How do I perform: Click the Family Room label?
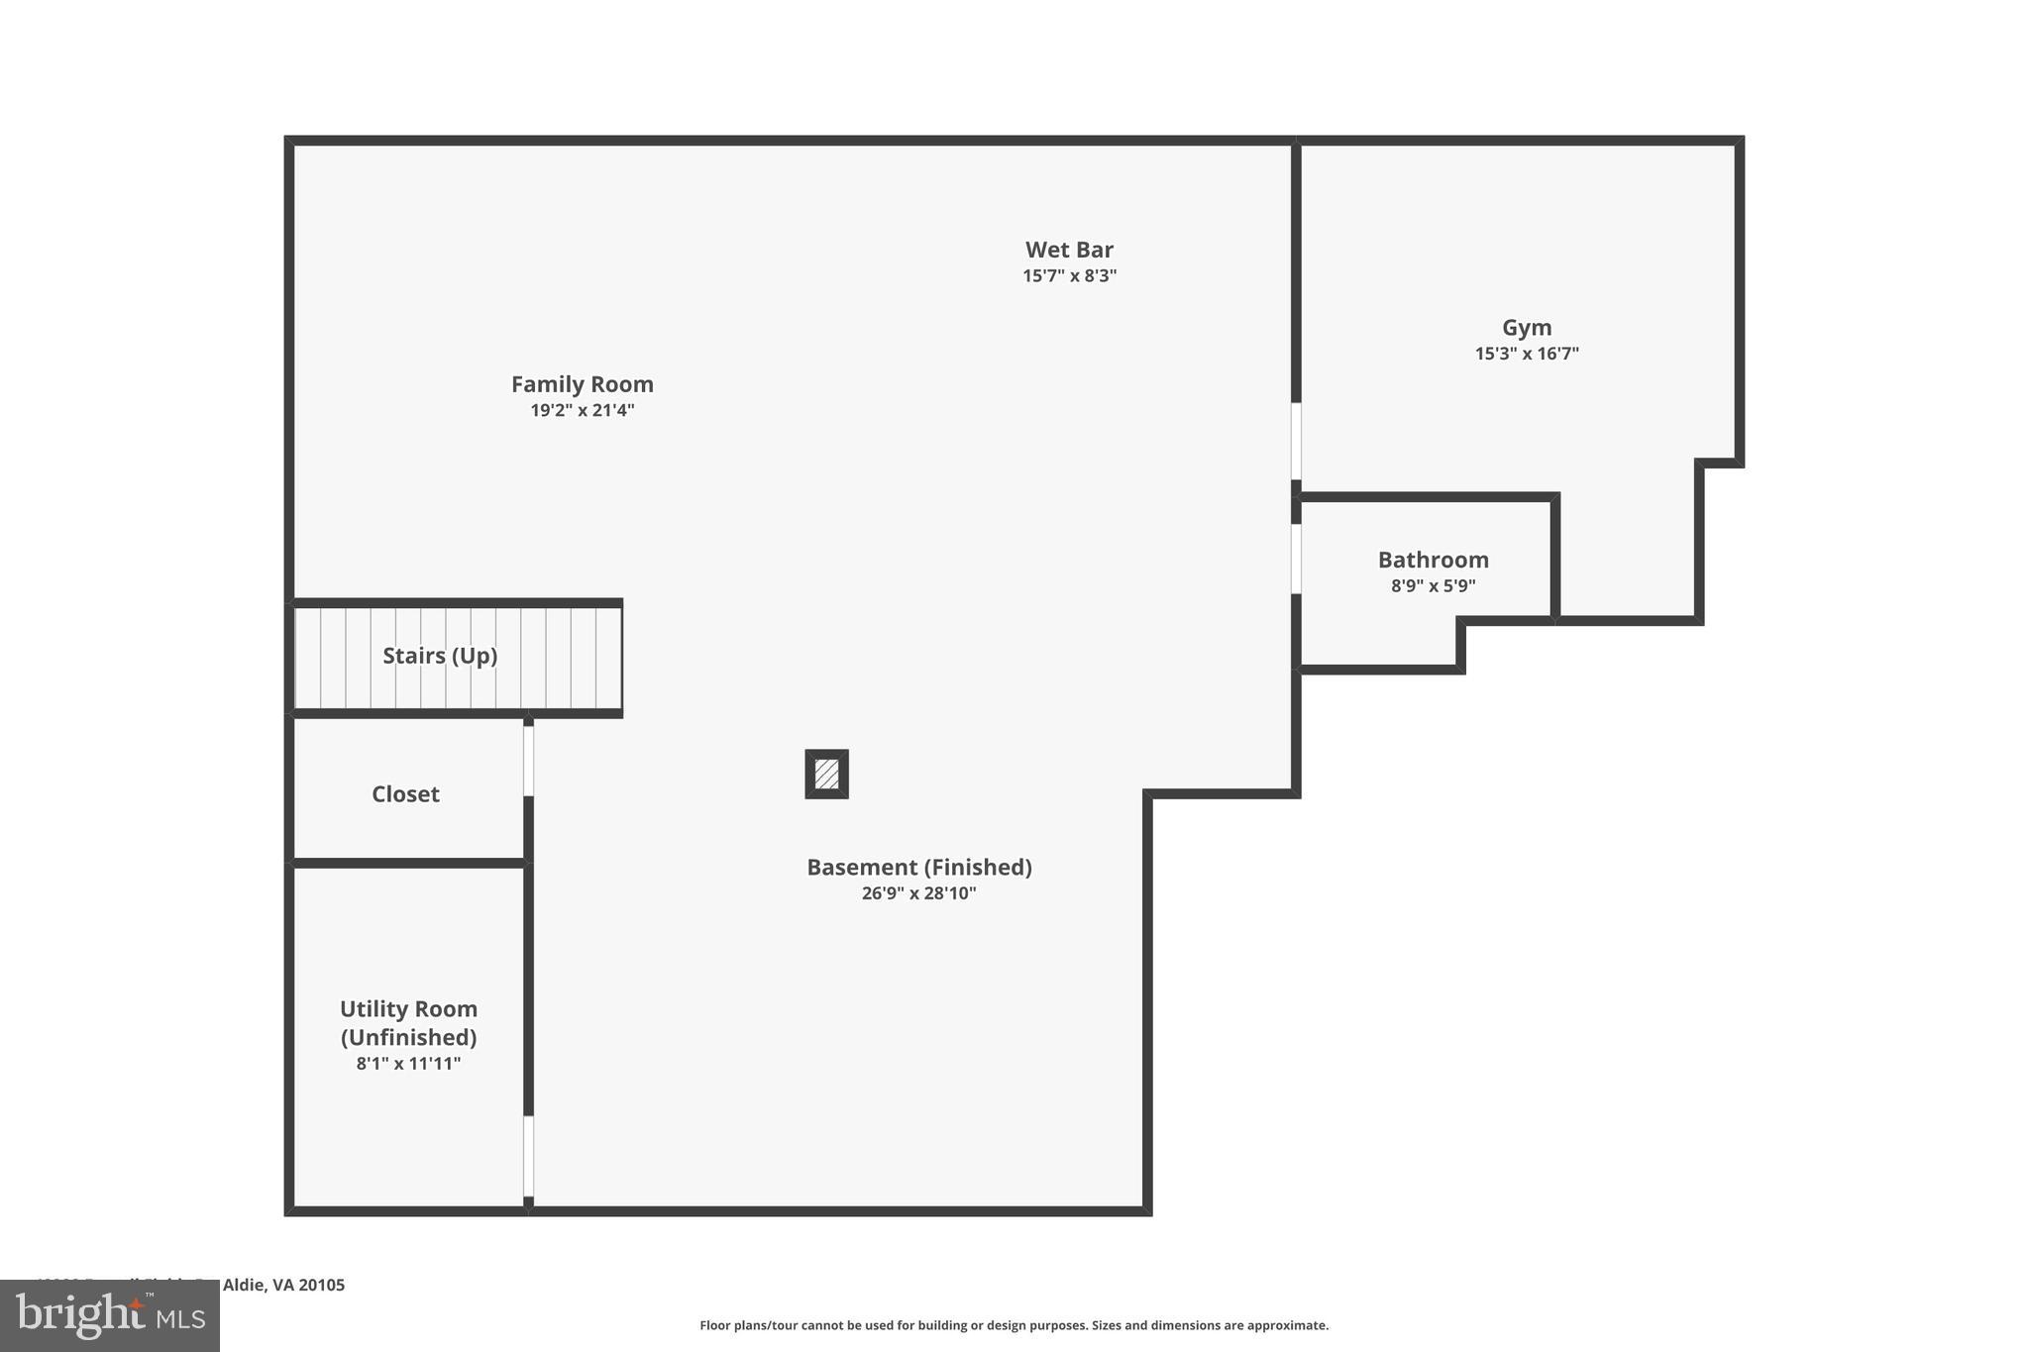click(x=582, y=384)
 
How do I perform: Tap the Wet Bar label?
click(x=1069, y=250)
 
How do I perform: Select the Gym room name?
click(x=1527, y=328)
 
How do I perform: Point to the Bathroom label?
click(x=1433, y=560)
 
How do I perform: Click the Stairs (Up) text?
click(x=440, y=656)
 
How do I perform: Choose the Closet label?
click(x=405, y=794)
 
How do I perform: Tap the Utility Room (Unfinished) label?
click(x=408, y=1023)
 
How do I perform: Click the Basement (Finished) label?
click(x=918, y=868)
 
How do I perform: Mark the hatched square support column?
click(x=826, y=774)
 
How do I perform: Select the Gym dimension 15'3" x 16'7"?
click(x=1527, y=354)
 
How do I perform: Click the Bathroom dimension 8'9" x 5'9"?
click(x=1433, y=585)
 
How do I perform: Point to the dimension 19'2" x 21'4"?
click(x=582, y=410)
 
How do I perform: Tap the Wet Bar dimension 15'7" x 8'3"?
click(x=1069, y=275)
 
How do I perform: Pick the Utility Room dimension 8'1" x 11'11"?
click(x=408, y=1064)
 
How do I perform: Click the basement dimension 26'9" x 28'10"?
click(x=918, y=893)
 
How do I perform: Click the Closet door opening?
click(x=528, y=761)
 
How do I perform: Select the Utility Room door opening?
click(x=528, y=1156)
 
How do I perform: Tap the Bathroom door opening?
click(x=1296, y=559)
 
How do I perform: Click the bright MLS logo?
click(x=110, y=1316)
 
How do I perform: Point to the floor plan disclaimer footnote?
click(x=1014, y=1325)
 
